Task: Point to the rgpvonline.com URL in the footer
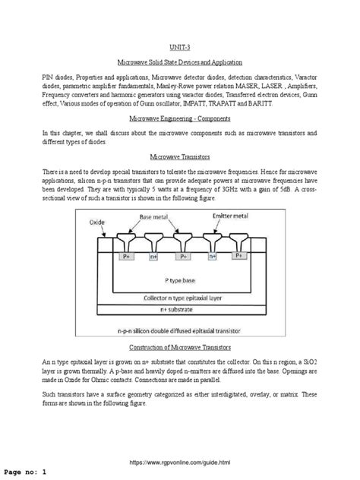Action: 180,461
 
